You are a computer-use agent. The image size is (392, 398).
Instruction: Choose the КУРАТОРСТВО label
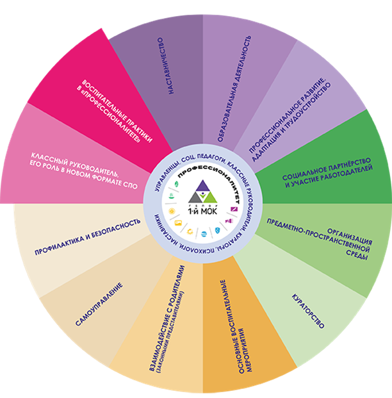[x=307, y=311]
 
